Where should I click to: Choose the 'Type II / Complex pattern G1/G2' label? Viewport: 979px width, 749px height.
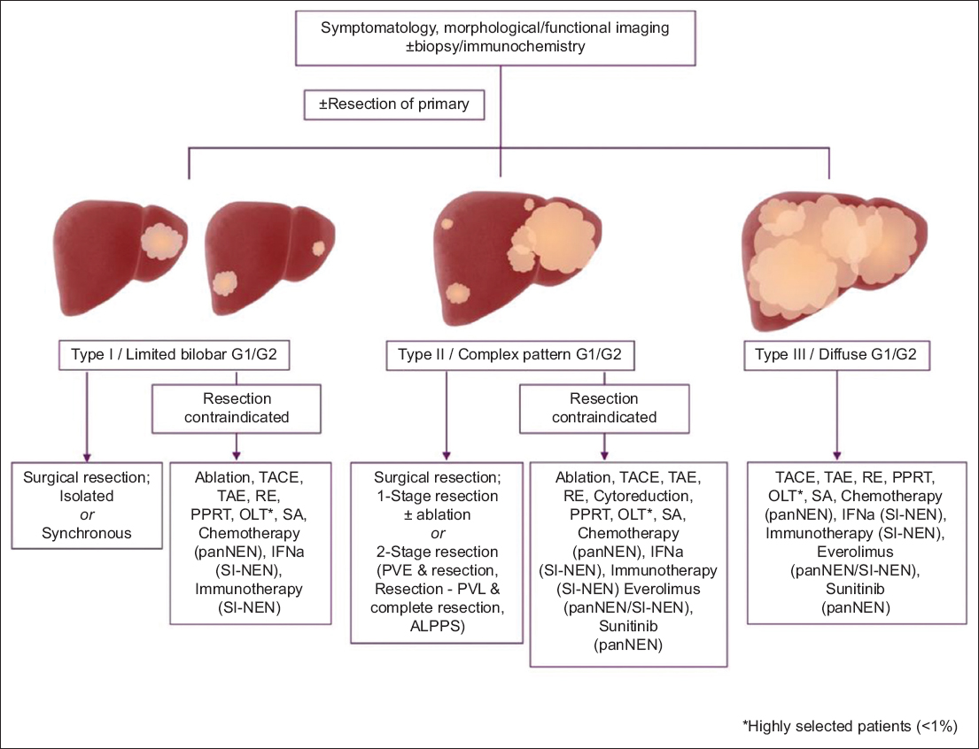[509, 357]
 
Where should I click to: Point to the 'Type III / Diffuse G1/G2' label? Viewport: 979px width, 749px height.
[835, 356]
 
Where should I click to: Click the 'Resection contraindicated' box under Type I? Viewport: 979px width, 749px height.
[235, 407]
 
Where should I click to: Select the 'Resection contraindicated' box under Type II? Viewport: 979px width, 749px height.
[602, 407]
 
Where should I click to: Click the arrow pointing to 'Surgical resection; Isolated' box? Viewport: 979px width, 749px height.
[85, 416]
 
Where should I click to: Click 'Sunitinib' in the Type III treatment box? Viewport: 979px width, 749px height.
[835, 591]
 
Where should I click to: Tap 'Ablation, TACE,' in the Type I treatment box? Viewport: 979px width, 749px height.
[234, 479]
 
